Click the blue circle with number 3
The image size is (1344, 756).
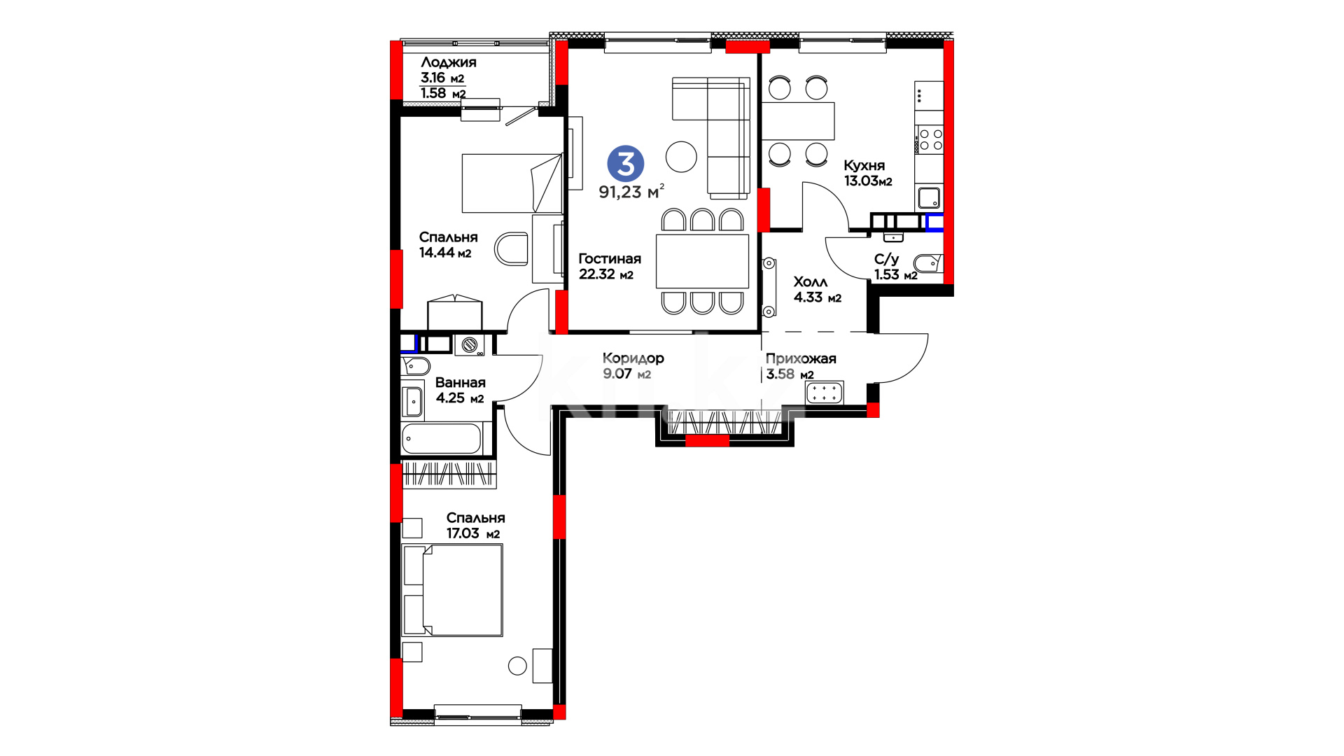point(625,164)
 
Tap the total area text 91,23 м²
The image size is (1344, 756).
point(631,191)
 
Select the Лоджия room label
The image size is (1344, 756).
point(449,62)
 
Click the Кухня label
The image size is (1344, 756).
point(864,165)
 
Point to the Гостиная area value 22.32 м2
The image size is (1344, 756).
point(605,274)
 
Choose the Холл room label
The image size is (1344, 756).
point(810,281)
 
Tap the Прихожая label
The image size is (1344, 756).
point(801,358)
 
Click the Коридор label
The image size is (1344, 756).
point(633,358)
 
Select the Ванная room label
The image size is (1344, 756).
point(460,382)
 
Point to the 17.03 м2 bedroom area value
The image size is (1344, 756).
point(473,533)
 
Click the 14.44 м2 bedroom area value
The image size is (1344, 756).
point(445,253)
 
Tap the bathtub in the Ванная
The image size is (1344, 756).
point(442,439)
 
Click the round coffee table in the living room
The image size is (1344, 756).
point(681,156)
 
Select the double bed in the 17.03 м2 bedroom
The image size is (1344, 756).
point(453,590)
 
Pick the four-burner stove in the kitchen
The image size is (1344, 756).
point(930,139)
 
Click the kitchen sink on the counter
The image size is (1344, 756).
point(929,198)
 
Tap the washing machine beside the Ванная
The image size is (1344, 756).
point(470,344)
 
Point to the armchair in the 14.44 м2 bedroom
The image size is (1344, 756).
point(511,249)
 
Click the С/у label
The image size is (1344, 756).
point(886,259)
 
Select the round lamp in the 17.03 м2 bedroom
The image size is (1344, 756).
point(517,666)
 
